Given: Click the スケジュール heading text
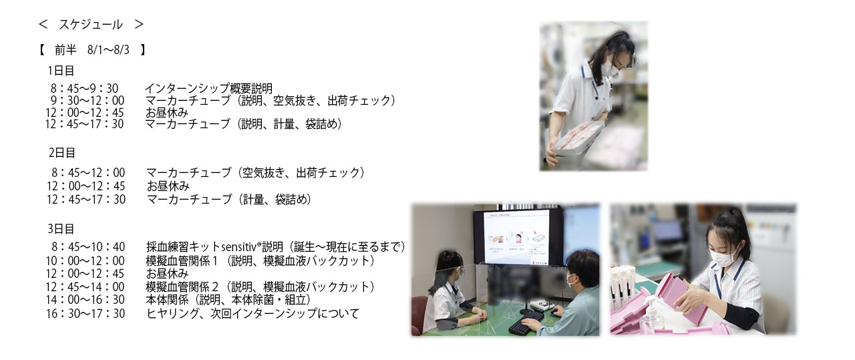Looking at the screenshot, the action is (x=90, y=25).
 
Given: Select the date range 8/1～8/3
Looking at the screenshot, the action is (x=108, y=50).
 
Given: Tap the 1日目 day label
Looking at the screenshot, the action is (x=61, y=71).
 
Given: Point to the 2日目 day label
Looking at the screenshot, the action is (x=62, y=153).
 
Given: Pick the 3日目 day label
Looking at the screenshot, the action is (x=61, y=228).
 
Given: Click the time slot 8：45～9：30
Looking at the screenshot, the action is (x=84, y=89).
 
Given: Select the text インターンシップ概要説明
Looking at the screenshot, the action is (x=208, y=89).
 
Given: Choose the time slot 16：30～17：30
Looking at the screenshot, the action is (x=85, y=313).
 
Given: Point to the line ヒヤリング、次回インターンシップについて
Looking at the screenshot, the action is (x=252, y=313).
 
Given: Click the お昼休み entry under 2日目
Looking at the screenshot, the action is (x=168, y=186).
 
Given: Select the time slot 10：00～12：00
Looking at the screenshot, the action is (x=85, y=260).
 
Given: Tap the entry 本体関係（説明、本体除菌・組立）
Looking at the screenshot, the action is (x=228, y=300).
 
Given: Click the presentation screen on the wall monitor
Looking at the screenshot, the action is (x=517, y=237).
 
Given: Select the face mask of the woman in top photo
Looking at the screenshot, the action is (x=613, y=69).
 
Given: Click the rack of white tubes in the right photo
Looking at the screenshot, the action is (x=623, y=287).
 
